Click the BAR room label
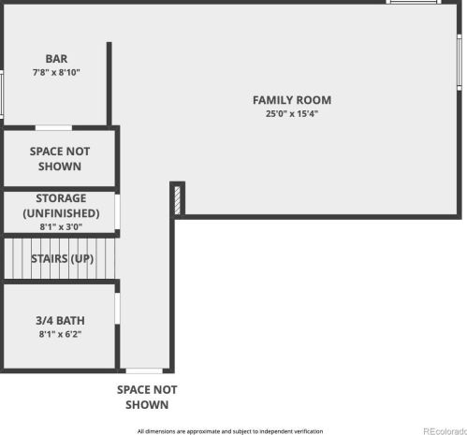(x=56, y=59)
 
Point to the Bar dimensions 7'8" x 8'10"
(x=56, y=72)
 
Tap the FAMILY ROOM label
(x=292, y=100)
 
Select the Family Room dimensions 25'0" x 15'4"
(x=292, y=114)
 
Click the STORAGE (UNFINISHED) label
(x=61, y=206)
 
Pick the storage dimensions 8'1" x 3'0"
(x=61, y=226)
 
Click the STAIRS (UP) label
(x=62, y=258)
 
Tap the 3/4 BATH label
(x=60, y=321)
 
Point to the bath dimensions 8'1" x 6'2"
(x=60, y=334)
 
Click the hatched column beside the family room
(x=177, y=200)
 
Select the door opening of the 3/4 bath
(x=117, y=309)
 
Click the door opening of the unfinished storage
(x=117, y=212)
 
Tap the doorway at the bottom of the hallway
(x=144, y=370)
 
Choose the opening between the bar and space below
(x=53, y=128)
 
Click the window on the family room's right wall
(x=460, y=63)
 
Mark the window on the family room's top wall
(x=414, y=2)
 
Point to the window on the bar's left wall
(x=2, y=94)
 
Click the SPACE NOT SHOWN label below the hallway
(x=147, y=398)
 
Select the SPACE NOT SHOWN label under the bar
(x=60, y=159)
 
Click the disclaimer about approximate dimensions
(x=230, y=431)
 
